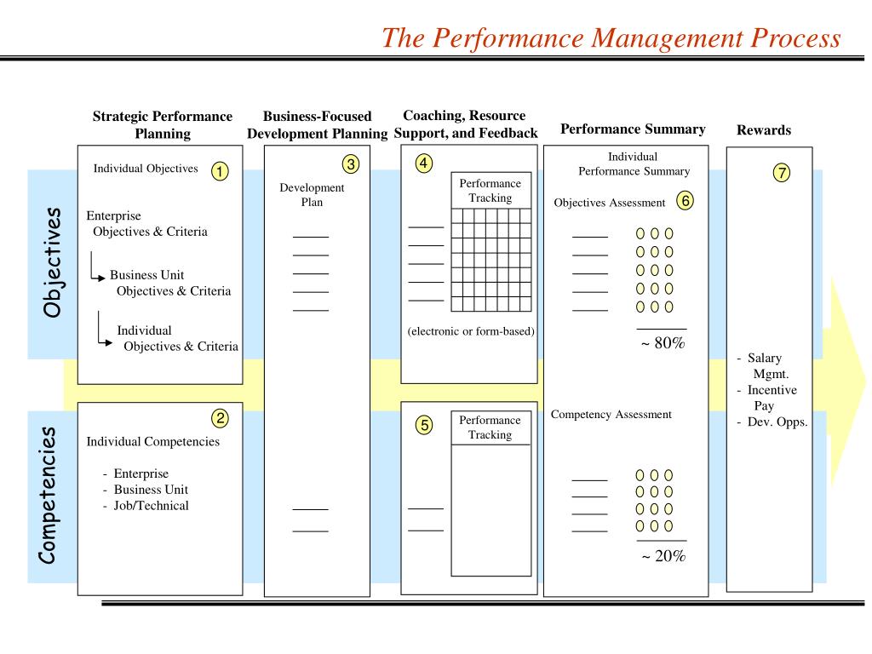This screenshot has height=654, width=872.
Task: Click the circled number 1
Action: (220, 171)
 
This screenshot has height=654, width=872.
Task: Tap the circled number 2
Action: (220, 417)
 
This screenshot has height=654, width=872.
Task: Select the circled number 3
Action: (351, 163)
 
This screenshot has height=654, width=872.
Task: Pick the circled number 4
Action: (423, 163)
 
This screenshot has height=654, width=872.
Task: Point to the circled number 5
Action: (423, 425)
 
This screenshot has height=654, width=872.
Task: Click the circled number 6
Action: (685, 201)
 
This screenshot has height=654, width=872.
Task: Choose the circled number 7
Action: (781, 173)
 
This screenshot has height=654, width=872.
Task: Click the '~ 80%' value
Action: (663, 344)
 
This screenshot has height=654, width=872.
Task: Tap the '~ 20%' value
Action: (663, 556)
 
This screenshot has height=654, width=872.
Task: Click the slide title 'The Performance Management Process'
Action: (611, 38)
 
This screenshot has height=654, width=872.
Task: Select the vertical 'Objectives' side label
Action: (53, 261)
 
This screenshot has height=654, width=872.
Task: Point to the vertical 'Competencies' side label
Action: (49, 495)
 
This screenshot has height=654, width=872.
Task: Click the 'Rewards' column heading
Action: (763, 130)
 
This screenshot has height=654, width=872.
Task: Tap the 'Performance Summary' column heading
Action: (633, 129)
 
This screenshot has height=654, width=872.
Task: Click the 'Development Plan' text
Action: (312, 195)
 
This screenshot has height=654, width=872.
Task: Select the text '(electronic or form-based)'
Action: (470, 331)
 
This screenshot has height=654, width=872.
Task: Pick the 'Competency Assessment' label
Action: (611, 415)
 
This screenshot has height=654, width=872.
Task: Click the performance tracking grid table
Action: (490, 260)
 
